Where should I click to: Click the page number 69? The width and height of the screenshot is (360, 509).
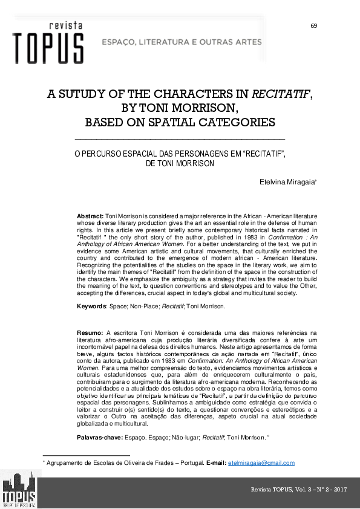pyautogui.click(x=313, y=25)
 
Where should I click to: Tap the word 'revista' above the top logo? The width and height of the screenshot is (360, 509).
pyautogui.click(x=66, y=25)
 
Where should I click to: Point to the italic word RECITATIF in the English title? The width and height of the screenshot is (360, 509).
pyautogui.click(x=281, y=95)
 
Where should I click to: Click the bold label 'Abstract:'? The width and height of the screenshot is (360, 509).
pyautogui.click(x=90, y=216)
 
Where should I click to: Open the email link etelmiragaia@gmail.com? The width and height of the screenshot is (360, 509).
pyautogui.click(x=261, y=463)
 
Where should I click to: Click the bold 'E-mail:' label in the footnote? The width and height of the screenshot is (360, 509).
pyautogui.click(x=216, y=463)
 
